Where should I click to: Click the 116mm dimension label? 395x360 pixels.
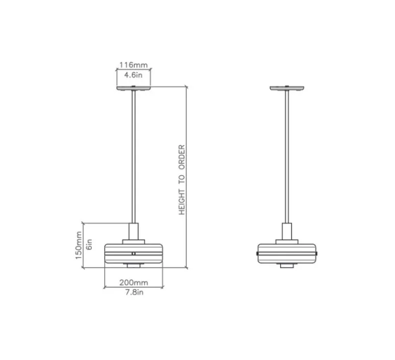click(133, 65)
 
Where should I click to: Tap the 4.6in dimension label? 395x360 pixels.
click(133, 75)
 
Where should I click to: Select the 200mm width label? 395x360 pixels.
click(134, 282)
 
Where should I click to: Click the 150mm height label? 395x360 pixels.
click(79, 245)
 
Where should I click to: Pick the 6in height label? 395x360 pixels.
click(89, 245)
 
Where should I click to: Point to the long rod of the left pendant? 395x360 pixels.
click(133, 153)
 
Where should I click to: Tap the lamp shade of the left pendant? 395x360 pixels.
click(133, 252)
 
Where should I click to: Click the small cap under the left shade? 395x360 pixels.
click(133, 265)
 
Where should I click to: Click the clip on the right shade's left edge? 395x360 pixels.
click(257, 253)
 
